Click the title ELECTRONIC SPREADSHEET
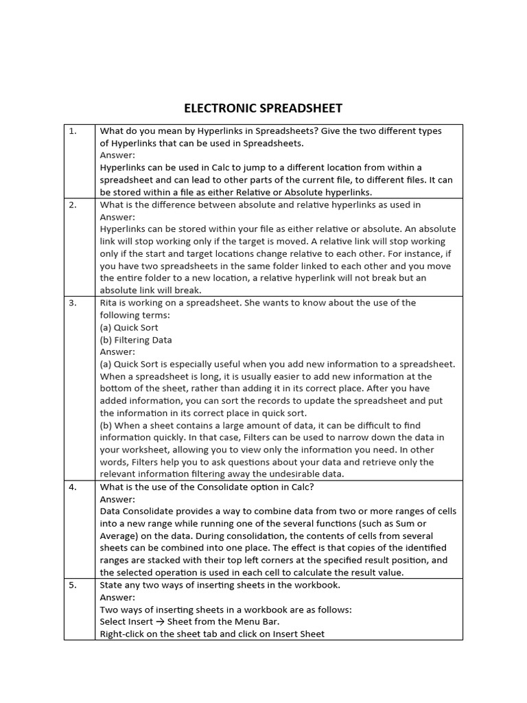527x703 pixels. [x=263, y=108]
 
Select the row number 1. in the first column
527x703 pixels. [x=73, y=130]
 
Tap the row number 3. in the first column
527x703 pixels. [x=73, y=303]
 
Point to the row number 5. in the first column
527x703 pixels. [x=73, y=585]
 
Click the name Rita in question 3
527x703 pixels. [x=110, y=303]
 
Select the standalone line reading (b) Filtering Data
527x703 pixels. [x=136, y=340]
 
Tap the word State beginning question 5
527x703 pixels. [x=112, y=585]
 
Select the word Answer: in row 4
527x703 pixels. [x=118, y=499]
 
